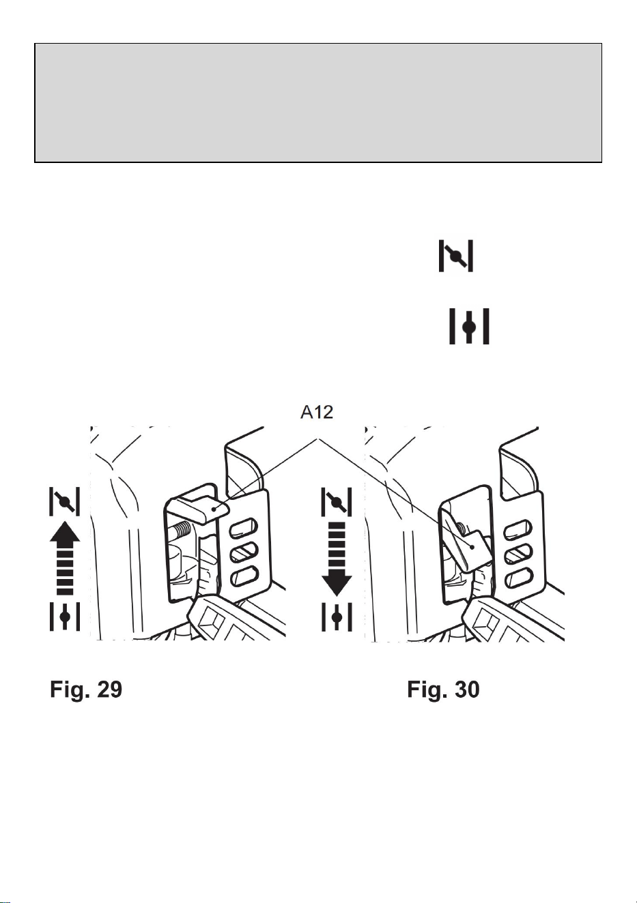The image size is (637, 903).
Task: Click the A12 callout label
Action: click(317, 413)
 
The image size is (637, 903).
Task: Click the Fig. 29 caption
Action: click(86, 689)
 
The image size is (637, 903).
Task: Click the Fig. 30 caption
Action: click(443, 689)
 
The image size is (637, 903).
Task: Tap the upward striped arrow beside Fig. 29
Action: click(65, 558)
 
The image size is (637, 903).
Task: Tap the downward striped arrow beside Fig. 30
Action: click(337, 559)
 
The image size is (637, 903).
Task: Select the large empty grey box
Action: click(318, 103)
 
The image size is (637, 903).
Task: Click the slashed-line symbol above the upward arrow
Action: click(65, 501)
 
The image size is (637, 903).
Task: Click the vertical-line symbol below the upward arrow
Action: click(65, 617)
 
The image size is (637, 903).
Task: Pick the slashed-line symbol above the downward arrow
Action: click(337, 501)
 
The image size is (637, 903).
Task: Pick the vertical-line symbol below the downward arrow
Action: click(337, 617)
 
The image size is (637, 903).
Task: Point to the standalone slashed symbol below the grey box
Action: click(456, 256)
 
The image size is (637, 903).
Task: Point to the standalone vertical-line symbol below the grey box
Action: click(469, 326)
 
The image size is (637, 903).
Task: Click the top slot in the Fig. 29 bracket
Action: click(243, 528)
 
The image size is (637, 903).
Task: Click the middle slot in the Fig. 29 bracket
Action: click(244, 552)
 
